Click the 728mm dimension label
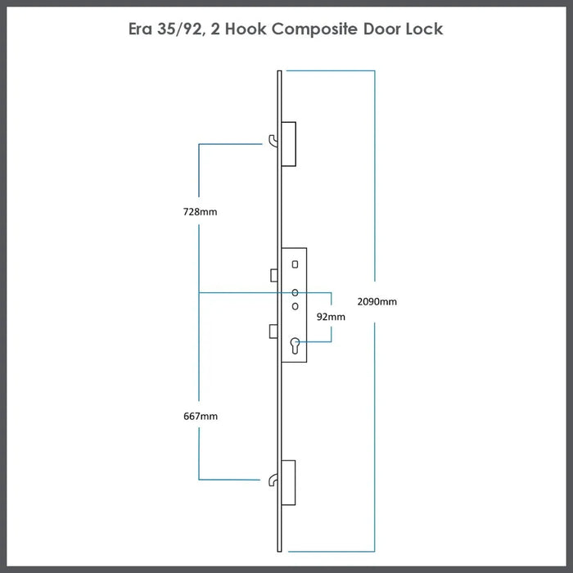coord(200,212)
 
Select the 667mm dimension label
coord(200,417)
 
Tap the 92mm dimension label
coord(332,316)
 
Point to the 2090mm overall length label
coord(379,301)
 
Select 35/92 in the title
coord(186,29)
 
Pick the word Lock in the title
coord(423,29)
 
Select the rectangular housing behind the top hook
coord(288,143)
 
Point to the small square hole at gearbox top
coord(295,264)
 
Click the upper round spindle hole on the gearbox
coord(295,292)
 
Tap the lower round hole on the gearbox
coord(295,305)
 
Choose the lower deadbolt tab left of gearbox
coord(274,330)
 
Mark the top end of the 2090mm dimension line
coord(374,71)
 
